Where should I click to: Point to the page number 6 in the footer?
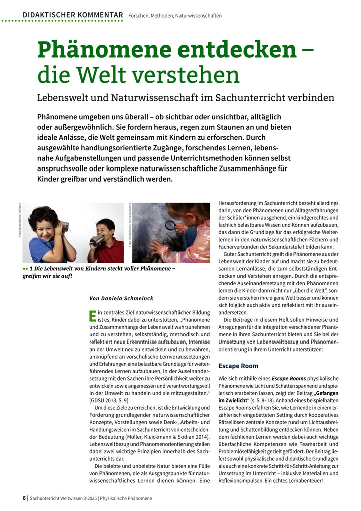[24, 498]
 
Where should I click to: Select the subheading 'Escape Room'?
[238, 366]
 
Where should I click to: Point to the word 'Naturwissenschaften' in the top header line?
[198, 16]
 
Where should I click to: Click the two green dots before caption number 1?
[25, 269]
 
